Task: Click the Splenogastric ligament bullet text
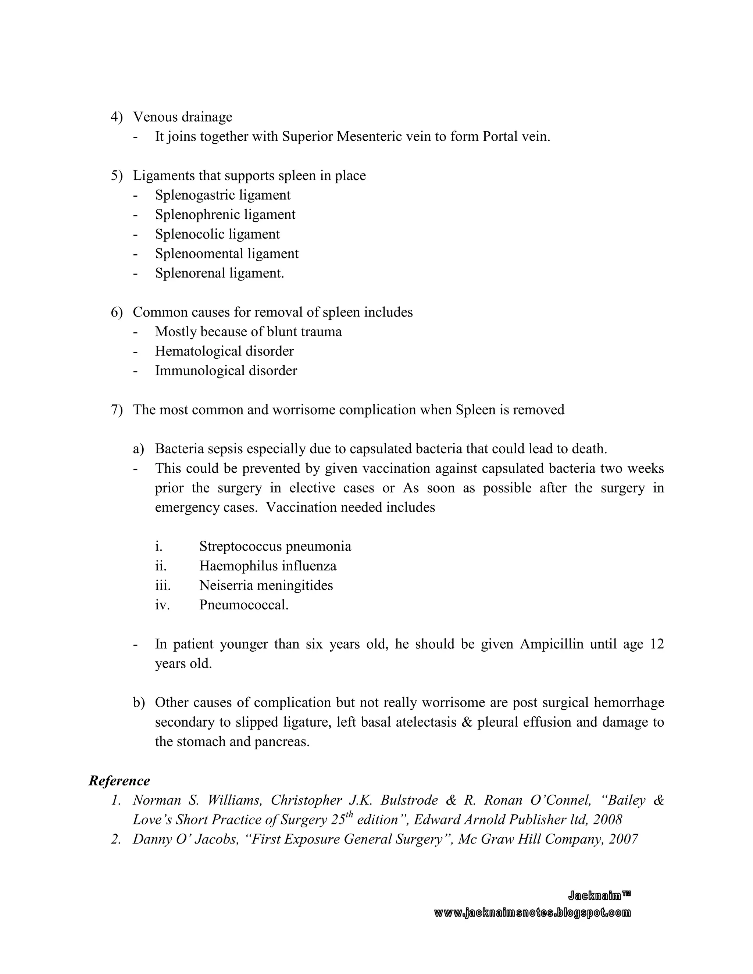(x=222, y=195)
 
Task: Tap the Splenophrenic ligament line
(x=225, y=215)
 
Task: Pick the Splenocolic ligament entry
(x=217, y=234)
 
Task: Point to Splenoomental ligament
(x=226, y=254)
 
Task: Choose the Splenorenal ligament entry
(x=220, y=273)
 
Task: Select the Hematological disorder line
(x=224, y=351)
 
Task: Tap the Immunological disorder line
(x=226, y=370)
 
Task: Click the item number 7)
(x=117, y=410)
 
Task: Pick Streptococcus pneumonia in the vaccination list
(x=275, y=546)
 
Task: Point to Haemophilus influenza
(x=268, y=566)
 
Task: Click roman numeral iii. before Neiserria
(x=163, y=586)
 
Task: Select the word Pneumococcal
(x=243, y=605)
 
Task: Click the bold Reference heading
(x=119, y=781)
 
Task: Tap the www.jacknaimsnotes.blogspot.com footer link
(x=532, y=913)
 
